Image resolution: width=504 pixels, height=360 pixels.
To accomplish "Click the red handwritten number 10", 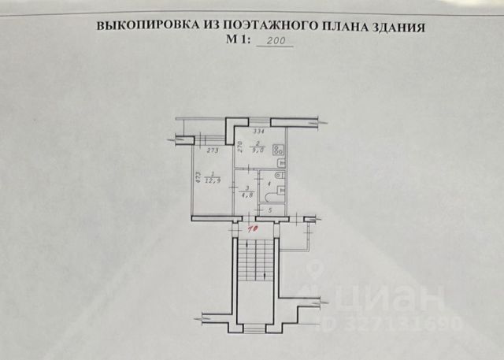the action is click(x=254, y=229).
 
